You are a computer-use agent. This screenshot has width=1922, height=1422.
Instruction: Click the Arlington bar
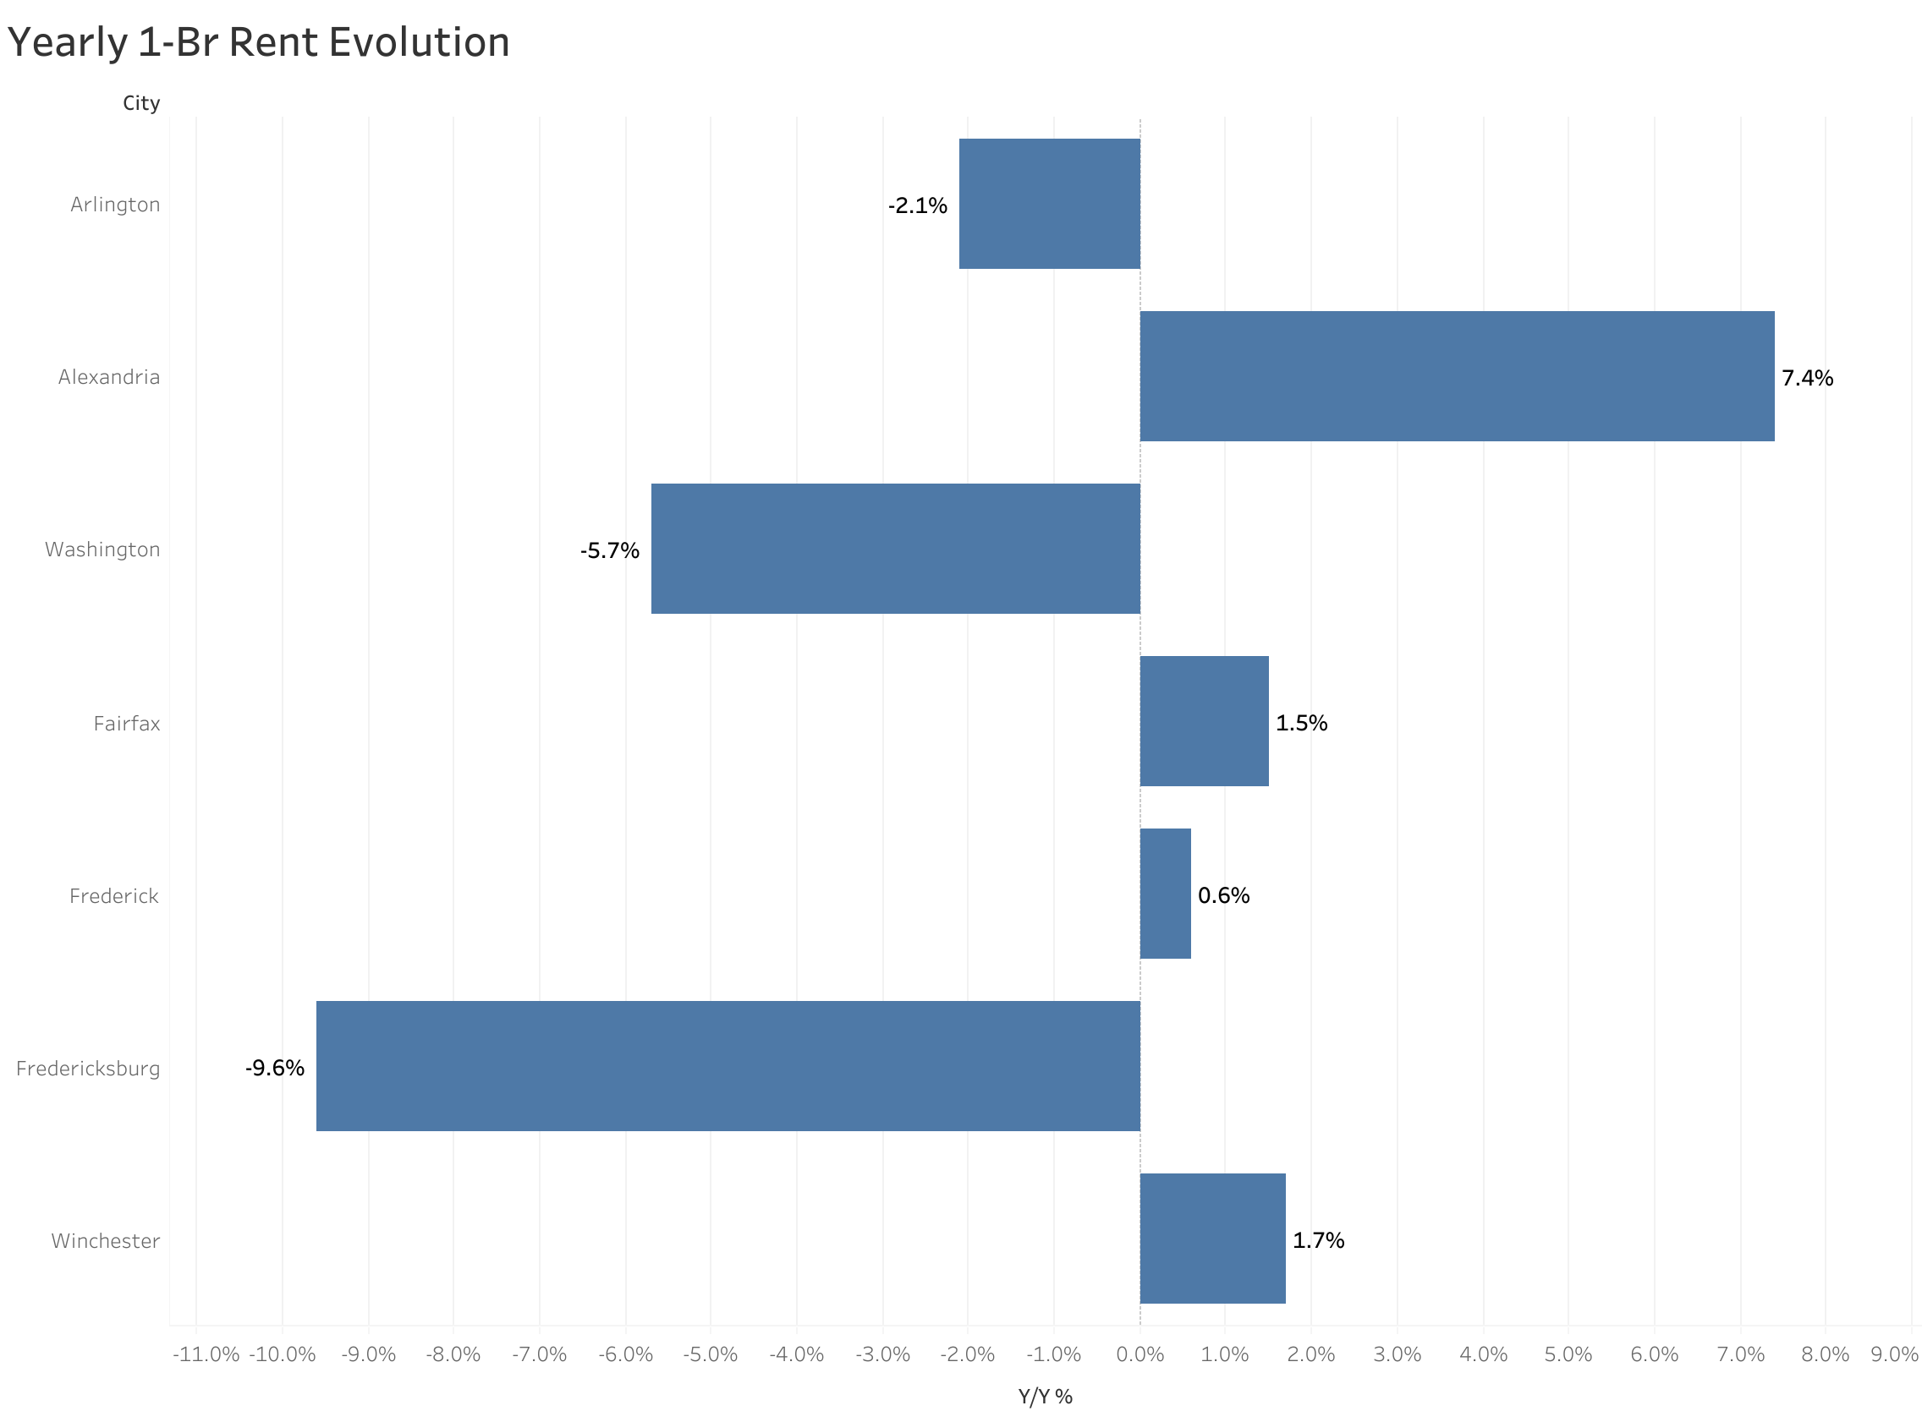(1049, 204)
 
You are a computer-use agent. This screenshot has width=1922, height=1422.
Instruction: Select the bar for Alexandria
(1456, 376)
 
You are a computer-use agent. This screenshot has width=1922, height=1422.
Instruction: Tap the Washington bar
(895, 550)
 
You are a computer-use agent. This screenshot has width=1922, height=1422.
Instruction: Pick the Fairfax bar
(1204, 721)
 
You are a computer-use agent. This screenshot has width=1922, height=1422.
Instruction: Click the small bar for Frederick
(1165, 894)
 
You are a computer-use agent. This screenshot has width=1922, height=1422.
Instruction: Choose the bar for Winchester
(1212, 1239)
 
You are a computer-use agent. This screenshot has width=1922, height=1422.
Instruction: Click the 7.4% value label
(1807, 378)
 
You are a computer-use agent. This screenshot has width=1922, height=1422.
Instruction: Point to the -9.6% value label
(275, 1069)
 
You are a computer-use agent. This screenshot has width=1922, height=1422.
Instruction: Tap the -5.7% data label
(610, 551)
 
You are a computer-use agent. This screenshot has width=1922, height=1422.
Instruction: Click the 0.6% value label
(1222, 895)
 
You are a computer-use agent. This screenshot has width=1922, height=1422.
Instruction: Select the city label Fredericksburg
(88, 1069)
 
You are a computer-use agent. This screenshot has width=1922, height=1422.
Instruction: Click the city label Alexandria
(108, 377)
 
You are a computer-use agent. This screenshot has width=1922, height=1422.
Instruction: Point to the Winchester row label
(105, 1241)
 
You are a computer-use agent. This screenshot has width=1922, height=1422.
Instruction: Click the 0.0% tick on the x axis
(1139, 1354)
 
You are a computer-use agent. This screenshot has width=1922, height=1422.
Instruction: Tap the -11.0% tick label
(206, 1354)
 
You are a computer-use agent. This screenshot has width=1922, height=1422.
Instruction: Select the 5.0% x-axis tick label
(1568, 1354)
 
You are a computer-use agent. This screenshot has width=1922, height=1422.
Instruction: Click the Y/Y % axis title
(1046, 1397)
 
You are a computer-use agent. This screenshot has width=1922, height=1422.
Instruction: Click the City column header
(141, 103)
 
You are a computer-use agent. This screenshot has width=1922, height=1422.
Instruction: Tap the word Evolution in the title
(420, 43)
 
